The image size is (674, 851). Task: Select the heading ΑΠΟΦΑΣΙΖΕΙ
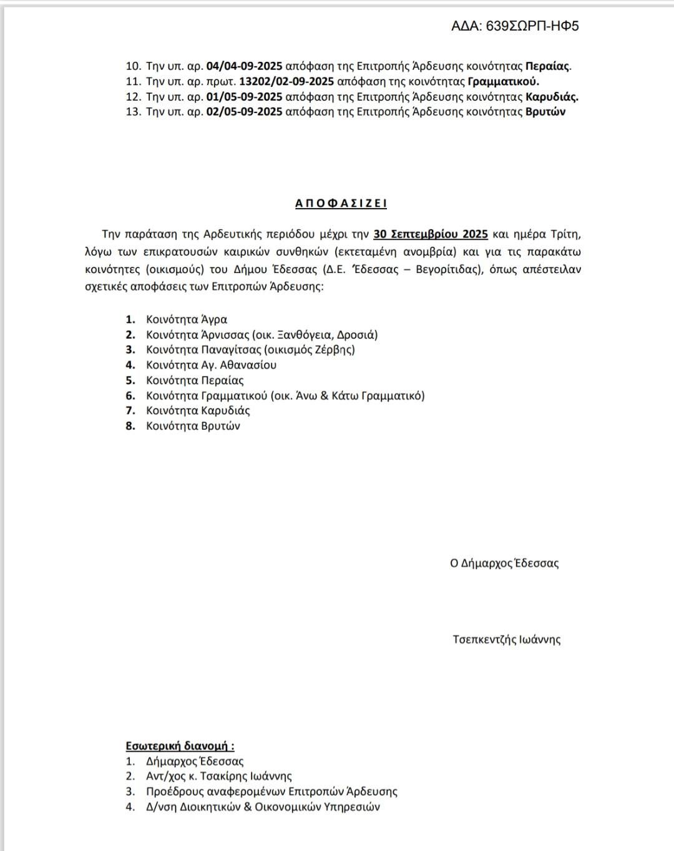[x=341, y=204]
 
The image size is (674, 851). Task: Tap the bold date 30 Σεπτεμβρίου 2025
[x=431, y=234]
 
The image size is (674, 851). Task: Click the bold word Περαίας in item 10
[x=547, y=66]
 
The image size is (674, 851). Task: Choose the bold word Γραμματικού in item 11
[x=503, y=82]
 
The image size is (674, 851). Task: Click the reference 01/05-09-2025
[x=244, y=97]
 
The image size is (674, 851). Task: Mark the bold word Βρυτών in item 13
[x=545, y=112]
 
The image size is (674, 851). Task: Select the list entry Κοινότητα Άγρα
[x=187, y=319]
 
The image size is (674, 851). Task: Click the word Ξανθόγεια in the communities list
[x=306, y=335]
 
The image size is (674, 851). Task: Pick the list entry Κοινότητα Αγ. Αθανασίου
[x=211, y=365]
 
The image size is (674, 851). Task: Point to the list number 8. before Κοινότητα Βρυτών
[x=130, y=426]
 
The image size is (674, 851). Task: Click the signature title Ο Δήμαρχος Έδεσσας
[x=504, y=564]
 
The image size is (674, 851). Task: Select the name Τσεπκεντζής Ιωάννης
[x=507, y=640]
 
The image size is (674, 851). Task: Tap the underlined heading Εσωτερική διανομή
[x=179, y=746]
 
